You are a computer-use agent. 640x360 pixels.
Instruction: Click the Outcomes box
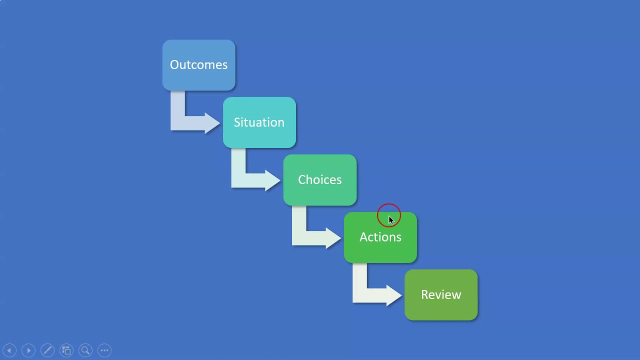[x=198, y=65]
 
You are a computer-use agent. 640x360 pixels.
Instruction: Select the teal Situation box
[x=259, y=123]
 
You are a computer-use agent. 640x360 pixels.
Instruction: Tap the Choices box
[x=319, y=180]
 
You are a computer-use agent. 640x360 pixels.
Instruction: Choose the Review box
[x=440, y=295]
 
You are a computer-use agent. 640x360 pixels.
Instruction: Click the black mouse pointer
[x=391, y=220]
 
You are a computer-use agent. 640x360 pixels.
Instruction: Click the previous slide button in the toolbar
[x=9, y=350]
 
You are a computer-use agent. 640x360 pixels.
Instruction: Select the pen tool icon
[x=47, y=350]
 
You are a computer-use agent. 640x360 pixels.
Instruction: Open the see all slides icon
[x=66, y=350]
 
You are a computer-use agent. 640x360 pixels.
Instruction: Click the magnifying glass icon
[x=85, y=350]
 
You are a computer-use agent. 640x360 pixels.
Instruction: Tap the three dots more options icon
[x=104, y=350]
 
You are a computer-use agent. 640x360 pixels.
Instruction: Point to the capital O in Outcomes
[x=174, y=65]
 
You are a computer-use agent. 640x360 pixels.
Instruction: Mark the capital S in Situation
[x=237, y=122]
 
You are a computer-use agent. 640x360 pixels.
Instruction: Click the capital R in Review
[x=424, y=295]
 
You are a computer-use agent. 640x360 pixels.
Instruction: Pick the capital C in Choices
[x=301, y=180]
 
